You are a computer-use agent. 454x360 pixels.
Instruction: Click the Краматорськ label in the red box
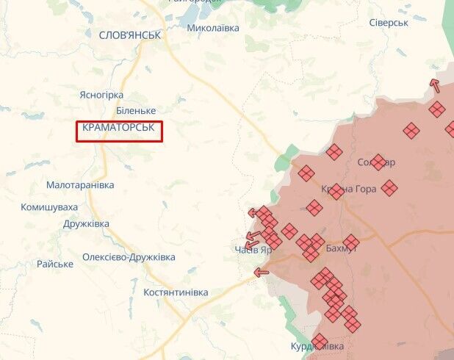118,128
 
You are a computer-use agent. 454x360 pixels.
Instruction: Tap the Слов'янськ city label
129,35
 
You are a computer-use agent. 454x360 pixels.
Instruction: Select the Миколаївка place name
213,28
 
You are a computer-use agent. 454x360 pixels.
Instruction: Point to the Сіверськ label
389,23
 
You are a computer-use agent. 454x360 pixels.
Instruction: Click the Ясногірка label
101,95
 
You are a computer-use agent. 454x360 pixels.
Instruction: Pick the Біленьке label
136,110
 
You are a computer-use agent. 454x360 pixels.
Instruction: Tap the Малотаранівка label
80,185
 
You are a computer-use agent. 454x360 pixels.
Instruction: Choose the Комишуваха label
50,207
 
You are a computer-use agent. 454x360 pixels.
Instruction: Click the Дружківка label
86,224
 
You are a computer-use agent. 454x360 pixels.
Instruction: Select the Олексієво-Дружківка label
129,257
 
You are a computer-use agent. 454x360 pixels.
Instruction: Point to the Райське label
55,264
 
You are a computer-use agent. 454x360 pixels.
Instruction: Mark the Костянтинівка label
176,292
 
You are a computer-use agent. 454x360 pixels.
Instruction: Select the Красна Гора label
348,189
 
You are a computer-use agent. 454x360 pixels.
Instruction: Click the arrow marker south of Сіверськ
435,85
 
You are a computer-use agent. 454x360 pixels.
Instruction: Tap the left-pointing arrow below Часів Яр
261,272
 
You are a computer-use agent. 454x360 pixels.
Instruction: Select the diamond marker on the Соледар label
378,162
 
